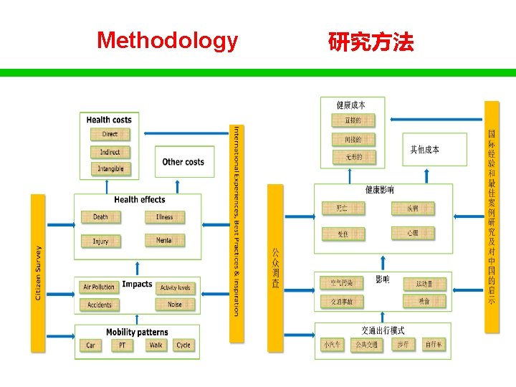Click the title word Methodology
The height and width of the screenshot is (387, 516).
[x=167, y=40]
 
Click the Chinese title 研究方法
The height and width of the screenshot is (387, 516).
[x=371, y=42]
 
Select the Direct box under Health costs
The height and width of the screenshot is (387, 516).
[x=110, y=134]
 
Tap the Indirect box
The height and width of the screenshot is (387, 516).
[x=110, y=152]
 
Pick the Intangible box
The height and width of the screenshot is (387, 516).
[x=110, y=169]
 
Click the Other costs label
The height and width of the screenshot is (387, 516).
[x=183, y=162]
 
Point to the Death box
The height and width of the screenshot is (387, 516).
[x=100, y=216]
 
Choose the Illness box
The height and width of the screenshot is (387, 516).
[x=164, y=216]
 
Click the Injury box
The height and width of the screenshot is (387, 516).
[x=100, y=241]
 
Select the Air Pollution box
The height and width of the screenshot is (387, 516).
[x=99, y=287]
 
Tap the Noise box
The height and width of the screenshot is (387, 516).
[x=174, y=305]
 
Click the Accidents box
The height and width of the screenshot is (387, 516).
[x=99, y=305]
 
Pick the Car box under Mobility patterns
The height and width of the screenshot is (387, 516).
[x=90, y=345]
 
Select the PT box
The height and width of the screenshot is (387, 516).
[x=122, y=345]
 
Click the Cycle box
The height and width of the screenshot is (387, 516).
[x=183, y=345]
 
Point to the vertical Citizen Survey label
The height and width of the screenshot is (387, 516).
[x=38, y=273]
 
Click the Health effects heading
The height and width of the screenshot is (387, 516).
[x=140, y=200]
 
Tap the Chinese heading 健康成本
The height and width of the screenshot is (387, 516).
[x=351, y=105]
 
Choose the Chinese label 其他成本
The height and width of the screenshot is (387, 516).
[x=425, y=150]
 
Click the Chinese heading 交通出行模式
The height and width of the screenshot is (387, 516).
[x=383, y=330]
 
